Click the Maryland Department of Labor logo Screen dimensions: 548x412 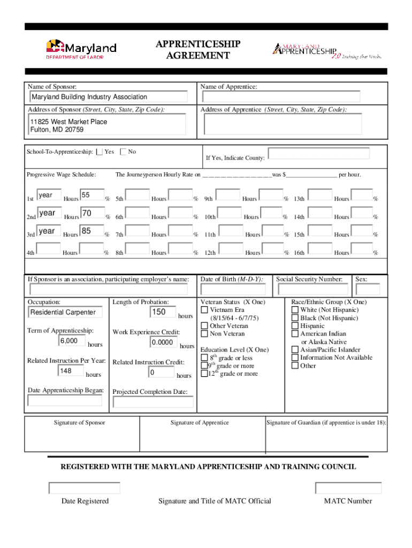click(81, 49)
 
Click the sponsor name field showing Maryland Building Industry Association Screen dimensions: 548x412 click(109, 97)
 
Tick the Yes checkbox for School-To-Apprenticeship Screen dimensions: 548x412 click(99, 152)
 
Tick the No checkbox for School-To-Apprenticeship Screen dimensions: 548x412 click(124, 152)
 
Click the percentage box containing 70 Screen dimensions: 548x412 click(91, 214)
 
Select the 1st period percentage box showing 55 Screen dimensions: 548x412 click(91, 195)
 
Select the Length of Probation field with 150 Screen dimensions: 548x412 click(164, 312)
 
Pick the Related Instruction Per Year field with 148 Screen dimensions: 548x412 click(71, 371)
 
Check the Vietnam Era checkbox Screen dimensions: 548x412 click(204, 310)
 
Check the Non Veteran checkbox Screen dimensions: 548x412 click(204, 334)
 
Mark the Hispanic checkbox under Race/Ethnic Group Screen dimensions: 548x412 click(295, 326)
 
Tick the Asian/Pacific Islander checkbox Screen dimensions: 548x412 click(295, 350)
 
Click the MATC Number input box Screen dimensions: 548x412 click(348, 488)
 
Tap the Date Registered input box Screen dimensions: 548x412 click(85, 488)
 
